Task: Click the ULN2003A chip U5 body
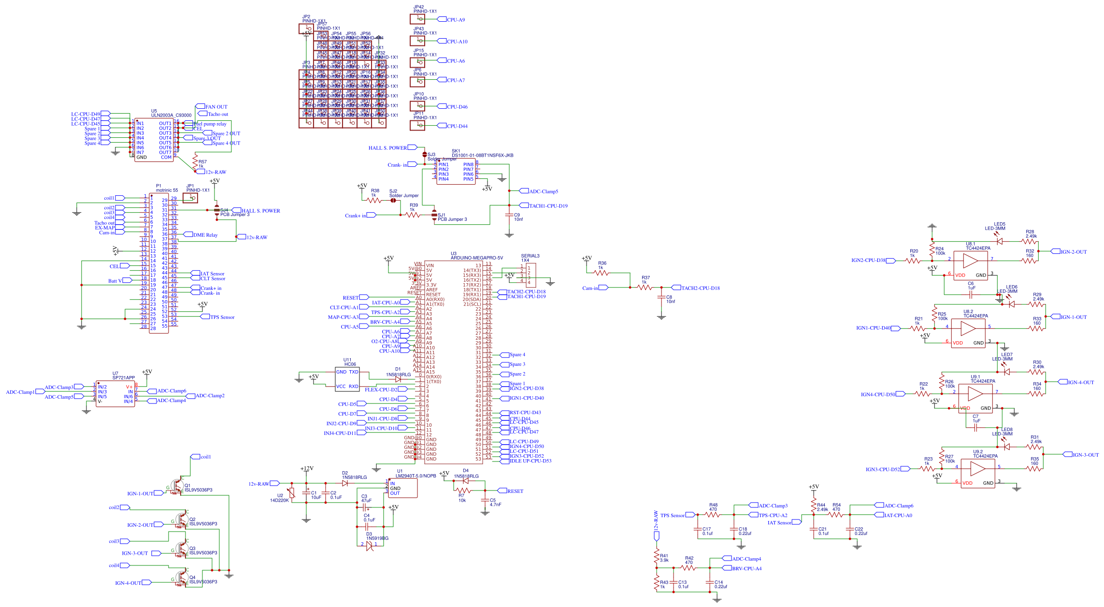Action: [154, 140]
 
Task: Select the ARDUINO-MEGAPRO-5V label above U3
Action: [476, 258]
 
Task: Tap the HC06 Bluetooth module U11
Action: [347, 379]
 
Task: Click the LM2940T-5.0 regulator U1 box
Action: [402, 488]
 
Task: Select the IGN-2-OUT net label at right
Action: [1074, 252]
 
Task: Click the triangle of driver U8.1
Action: [970, 261]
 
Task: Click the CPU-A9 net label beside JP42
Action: [456, 20]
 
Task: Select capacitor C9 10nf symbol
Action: [509, 216]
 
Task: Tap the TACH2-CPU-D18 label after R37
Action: [700, 288]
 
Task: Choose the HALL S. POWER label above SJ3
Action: [387, 148]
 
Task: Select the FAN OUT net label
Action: [216, 107]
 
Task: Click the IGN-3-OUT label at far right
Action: [1086, 455]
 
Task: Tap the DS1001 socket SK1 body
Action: [456, 172]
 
